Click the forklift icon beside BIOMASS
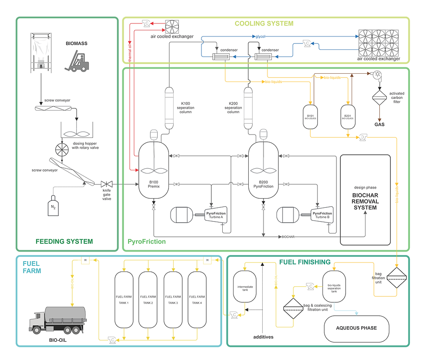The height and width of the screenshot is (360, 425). pos(77,61)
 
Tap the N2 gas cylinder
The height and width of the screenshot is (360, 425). pos(53,206)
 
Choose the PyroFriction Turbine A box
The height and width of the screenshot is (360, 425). pos(216,216)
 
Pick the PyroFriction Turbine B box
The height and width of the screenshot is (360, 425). pos(322,216)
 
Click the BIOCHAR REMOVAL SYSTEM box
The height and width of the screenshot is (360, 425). pos(365,200)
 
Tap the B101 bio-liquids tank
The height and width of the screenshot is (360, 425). pos(310,116)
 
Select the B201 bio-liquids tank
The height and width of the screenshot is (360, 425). pos(348,116)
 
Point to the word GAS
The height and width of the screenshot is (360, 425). pos(379,124)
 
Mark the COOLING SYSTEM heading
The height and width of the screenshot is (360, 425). pos(264,23)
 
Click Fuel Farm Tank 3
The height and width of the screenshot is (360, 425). pos(173,299)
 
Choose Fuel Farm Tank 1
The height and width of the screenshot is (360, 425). pos(124,299)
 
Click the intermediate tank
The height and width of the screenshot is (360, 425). pos(245,286)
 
